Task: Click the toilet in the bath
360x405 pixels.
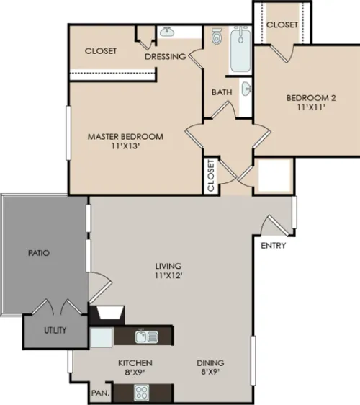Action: [217, 37]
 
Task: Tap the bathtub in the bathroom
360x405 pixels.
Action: [240, 49]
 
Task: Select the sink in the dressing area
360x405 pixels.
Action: [167, 32]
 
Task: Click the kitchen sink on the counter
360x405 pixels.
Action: [147, 337]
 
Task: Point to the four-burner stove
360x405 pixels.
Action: [141, 393]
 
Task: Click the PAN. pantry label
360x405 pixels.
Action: [100, 393]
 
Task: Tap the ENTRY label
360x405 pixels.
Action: [274, 245]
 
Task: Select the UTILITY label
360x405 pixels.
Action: [55, 330]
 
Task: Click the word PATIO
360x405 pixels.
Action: [39, 253]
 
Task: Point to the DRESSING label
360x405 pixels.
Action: [166, 56]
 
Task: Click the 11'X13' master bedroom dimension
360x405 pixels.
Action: [125, 146]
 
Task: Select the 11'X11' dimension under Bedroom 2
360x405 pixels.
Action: [311, 107]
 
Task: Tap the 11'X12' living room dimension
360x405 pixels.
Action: [168, 275]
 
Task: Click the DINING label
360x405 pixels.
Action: [210, 363]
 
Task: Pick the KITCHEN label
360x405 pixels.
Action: [135, 363]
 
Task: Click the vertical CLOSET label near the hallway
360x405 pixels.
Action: [211, 175]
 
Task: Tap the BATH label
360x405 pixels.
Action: [222, 92]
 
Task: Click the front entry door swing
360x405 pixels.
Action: [274, 226]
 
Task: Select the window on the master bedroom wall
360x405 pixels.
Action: [68, 133]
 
